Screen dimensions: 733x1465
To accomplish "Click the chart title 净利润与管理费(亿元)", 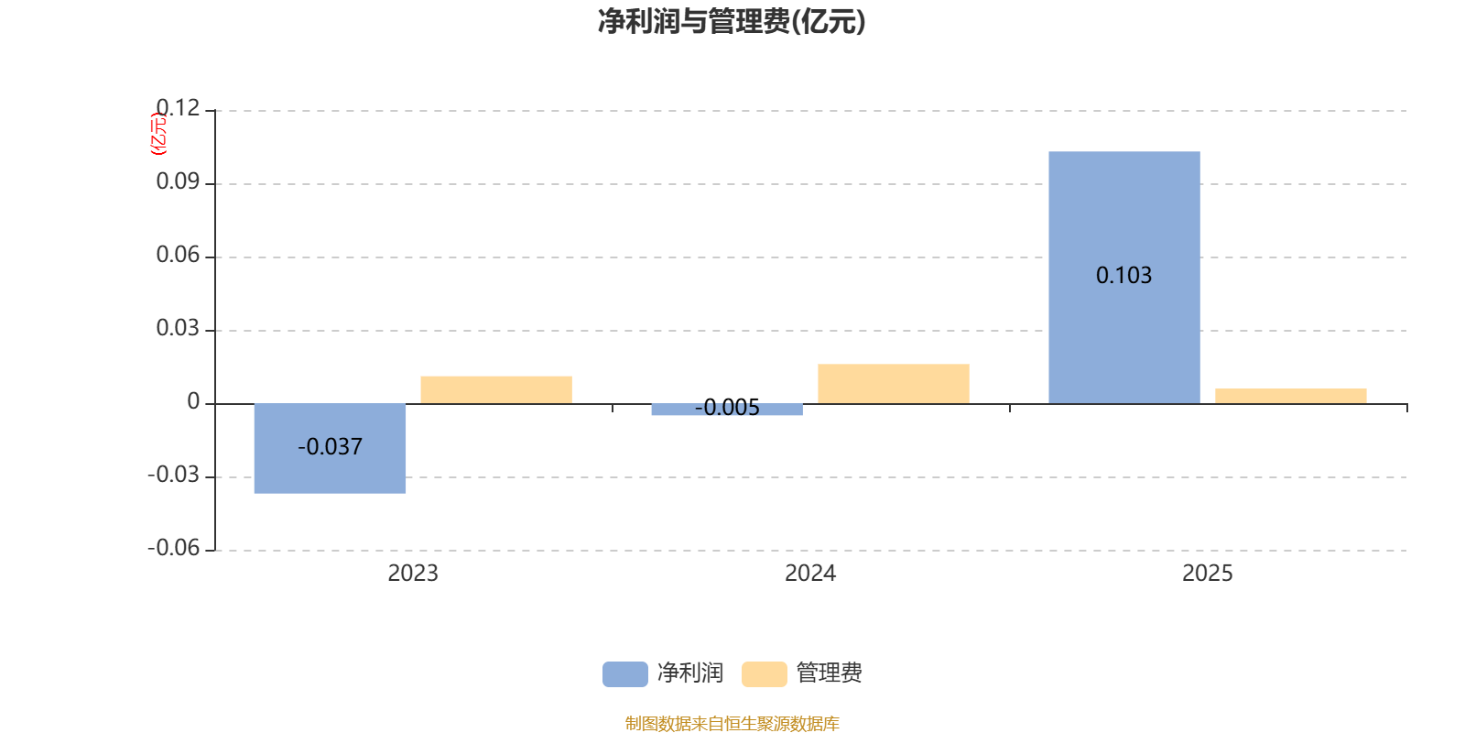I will [x=731, y=22].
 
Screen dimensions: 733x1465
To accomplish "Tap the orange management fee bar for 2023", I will [x=495, y=389].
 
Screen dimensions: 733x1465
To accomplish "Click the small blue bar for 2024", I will [x=727, y=410].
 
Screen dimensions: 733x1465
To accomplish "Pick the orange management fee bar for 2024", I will [x=893, y=383].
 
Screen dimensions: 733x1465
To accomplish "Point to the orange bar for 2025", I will [x=1290, y=396].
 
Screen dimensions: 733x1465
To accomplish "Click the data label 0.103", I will [x=1123, y=276].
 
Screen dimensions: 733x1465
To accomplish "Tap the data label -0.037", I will [x=330, y=447].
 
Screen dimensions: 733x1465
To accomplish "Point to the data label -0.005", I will [x=727, y=409].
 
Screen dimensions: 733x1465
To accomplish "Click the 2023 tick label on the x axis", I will [x=413, y=574].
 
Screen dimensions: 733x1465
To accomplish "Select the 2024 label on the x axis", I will [x=810, y=574].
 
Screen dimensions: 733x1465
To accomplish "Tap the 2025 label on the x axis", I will [x=1207, y=574].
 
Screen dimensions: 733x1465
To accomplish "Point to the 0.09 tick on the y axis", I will [x=178, y=182].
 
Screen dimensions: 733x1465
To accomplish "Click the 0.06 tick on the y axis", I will [x=178, y=256].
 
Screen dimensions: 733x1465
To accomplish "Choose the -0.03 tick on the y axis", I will [x=173, y=476].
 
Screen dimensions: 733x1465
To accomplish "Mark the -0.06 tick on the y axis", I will [x=173, y=549].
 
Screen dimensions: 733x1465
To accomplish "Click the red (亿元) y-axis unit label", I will [x=158, y=134].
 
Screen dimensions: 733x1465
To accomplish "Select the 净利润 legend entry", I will [x=664, y=673].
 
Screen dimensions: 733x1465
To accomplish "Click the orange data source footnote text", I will [x=732, y=724].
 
